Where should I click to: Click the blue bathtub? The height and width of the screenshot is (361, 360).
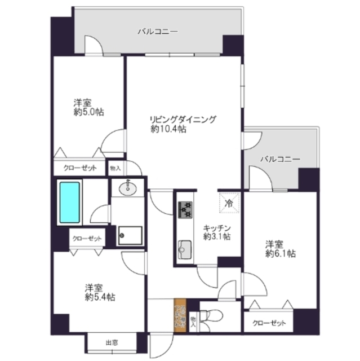pyautogui.click(x=70, y=201)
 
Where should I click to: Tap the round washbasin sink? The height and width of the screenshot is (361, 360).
pyautogui.click(x=129, y=188)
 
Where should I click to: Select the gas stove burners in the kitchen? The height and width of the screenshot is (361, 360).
pyautogui.click(x=185, y=209)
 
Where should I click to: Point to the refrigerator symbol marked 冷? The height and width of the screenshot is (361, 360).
pyautogui.click(x=229, y=201)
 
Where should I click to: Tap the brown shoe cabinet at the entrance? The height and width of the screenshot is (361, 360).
pyautogui.click(x=180, y=315)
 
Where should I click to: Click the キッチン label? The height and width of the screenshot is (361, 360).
pyautogui.click(x=217, y=227)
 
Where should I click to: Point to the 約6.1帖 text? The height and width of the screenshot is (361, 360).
pyautogui.click(x=279, y=254)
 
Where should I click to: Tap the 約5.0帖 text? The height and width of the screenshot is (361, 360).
pyautogui.click(x=88, y=112)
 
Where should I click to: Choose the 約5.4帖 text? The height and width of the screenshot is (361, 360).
pyautogui.click(x=100, y=296)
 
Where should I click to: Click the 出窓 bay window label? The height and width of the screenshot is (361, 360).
pyautogui.click(x=111, y=342)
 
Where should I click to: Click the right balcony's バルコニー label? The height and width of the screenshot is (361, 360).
pyautogui.click(x=279, y=160)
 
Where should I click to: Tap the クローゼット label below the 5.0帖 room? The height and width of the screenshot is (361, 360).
pyautogui.click(x=80, y=168)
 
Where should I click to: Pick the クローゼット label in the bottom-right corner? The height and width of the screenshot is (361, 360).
pyautogui.click(x=269, y=324)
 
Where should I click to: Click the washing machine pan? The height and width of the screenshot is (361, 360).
pyautogui.click(x=128, y=234)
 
